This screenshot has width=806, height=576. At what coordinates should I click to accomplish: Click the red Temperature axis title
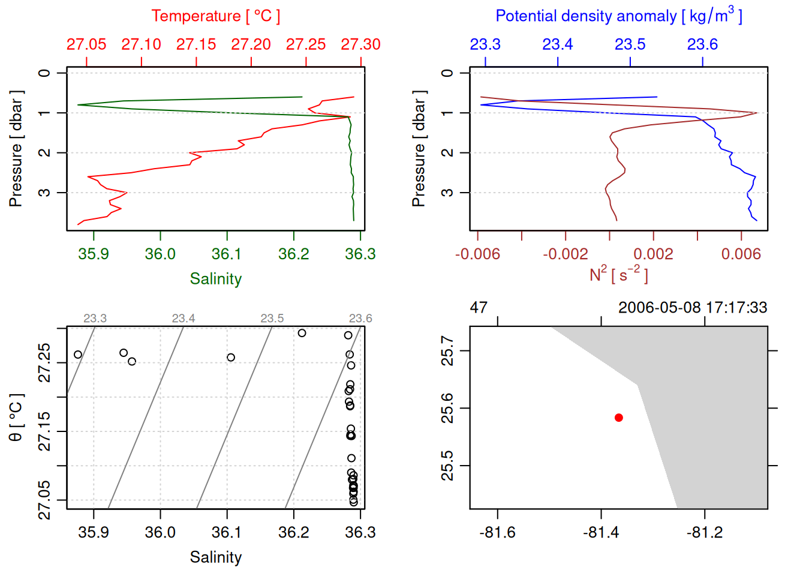coord(215,16)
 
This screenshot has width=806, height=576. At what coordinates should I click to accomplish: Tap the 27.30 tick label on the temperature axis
coord(360,44)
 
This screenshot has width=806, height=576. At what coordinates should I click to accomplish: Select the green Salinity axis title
coord(215,279)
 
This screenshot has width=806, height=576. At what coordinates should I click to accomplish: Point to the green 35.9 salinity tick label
coord(94,254)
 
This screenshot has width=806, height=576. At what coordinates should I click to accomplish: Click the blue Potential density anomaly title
coord(618,16)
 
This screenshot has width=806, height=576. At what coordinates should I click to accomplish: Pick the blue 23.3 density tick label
coord(485,44)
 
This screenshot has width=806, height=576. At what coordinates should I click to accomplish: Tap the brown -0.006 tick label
coord(477,254)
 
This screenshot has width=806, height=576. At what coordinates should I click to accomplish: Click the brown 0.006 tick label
coord(741,254)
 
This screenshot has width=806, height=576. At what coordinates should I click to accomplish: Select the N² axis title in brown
coord(618,274)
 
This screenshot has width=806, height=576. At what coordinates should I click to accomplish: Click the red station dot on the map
coord(619,418)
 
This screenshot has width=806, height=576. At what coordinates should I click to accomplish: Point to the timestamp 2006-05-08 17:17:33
coord(693,308)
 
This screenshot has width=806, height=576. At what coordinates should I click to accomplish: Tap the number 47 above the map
coord(479,308)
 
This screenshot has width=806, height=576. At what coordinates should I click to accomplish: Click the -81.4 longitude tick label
coord(601,532)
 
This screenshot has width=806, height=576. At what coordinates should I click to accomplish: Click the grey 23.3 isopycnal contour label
coord(95,319)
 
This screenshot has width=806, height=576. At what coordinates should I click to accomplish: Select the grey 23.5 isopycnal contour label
coord(272,319)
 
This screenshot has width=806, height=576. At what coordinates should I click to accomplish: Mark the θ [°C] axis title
coord(16,418)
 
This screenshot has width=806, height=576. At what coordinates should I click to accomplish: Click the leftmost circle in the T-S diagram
coord(78,355)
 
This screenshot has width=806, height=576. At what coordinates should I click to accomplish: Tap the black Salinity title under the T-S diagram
coord(215,557)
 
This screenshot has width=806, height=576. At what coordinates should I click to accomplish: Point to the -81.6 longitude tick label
coord(497,532)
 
